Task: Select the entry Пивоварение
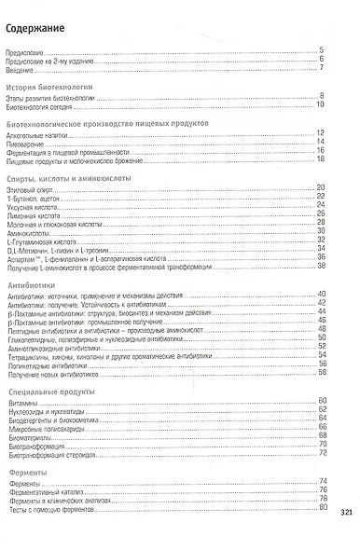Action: [25, 143]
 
